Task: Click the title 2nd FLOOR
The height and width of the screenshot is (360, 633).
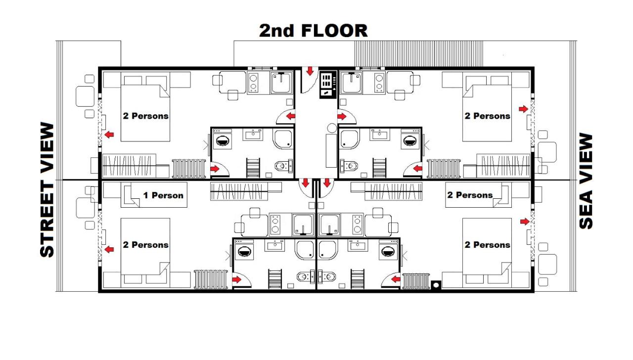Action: [314, 31]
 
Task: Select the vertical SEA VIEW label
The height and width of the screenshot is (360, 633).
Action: [586, 181]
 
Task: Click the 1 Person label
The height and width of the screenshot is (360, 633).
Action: [163, 195]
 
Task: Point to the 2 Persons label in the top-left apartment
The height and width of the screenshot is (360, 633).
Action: [145, 116]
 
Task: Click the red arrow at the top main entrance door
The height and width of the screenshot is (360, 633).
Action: [310, 72]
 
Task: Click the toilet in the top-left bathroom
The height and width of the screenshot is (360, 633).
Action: [282, 166]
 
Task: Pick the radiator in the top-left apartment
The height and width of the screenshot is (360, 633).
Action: [188, 169]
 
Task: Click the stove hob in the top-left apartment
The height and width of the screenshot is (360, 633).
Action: [254, 82]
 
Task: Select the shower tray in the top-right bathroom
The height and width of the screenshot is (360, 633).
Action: [350, 140]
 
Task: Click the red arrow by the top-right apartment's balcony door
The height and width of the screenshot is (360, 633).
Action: [523, 109]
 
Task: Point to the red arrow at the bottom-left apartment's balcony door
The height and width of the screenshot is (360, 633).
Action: [108, 249]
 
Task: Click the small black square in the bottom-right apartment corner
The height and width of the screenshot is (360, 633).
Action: [436, 285]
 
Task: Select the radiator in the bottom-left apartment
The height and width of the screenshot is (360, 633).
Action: [210, 279]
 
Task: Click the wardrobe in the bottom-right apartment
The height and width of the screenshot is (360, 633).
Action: [394, 191]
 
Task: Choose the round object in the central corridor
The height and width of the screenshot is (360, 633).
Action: [331, 128]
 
